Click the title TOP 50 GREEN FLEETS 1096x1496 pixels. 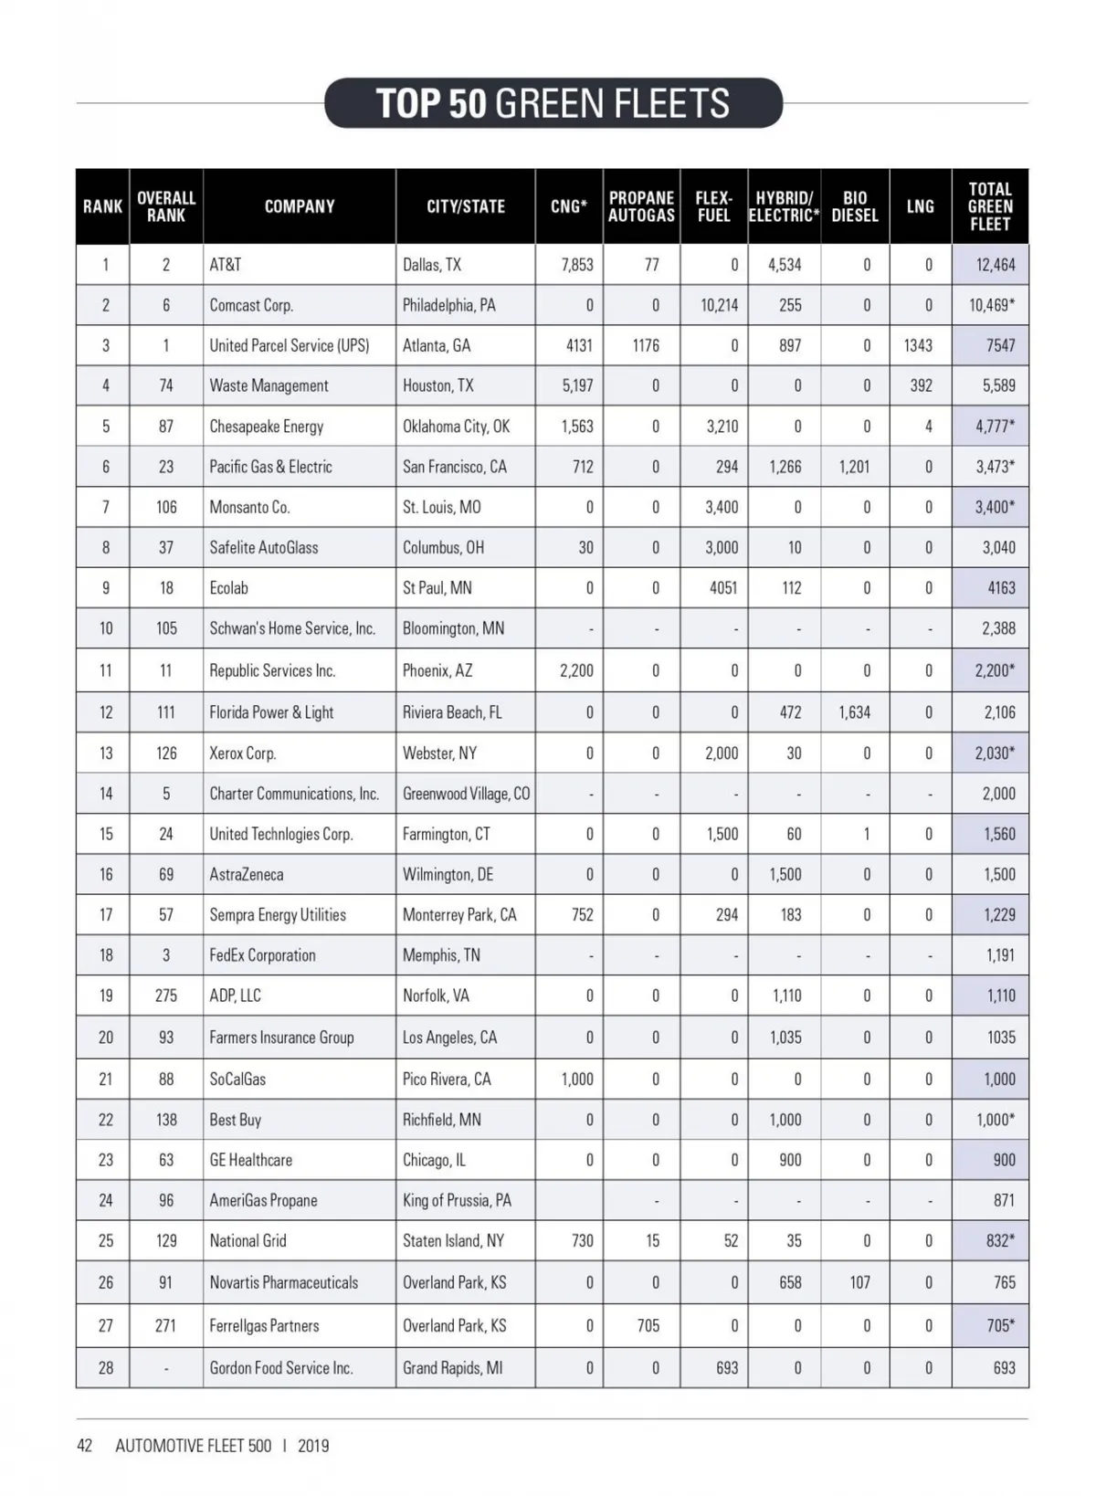click(x=553, y=103)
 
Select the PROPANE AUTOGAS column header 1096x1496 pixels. click(x=641, y=206)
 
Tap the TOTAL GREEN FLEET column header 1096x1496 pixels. click(x=990, y=206)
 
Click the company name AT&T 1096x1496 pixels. click(x=226, y=265)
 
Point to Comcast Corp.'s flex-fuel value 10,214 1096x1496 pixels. click(x=719, y=305)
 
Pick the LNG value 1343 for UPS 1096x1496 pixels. click(x=918, y=345)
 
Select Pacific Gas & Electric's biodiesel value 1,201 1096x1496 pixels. click(x=854, y=467)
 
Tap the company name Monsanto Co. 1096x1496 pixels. click(x=249, y=507)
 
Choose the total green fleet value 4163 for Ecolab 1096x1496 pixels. click(x=1001, y=588)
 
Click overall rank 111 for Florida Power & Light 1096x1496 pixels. click(x=165, y=712)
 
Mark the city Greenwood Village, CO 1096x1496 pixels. click(x=466, y=794)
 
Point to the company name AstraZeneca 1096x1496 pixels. click(x=247, y=874)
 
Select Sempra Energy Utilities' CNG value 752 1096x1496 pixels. click(x=582, y=914)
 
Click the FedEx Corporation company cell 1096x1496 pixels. click(x=262, y=955)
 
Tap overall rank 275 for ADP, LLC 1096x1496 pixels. click(x=165, y=996)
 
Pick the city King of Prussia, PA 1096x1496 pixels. click(x=457, y=1200)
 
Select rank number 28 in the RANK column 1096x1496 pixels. click(x=106, y=1367)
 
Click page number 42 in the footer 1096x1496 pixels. click(x=85, y=1446)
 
